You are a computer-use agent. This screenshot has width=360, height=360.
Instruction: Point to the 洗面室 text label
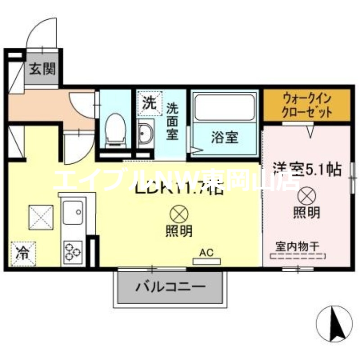172,121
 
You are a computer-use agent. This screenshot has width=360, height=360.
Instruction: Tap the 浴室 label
224,137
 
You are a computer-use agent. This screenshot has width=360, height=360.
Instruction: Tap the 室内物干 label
297,246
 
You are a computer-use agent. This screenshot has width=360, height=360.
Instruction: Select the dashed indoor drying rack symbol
297,257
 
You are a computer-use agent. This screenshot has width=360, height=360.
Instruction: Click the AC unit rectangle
206,261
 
